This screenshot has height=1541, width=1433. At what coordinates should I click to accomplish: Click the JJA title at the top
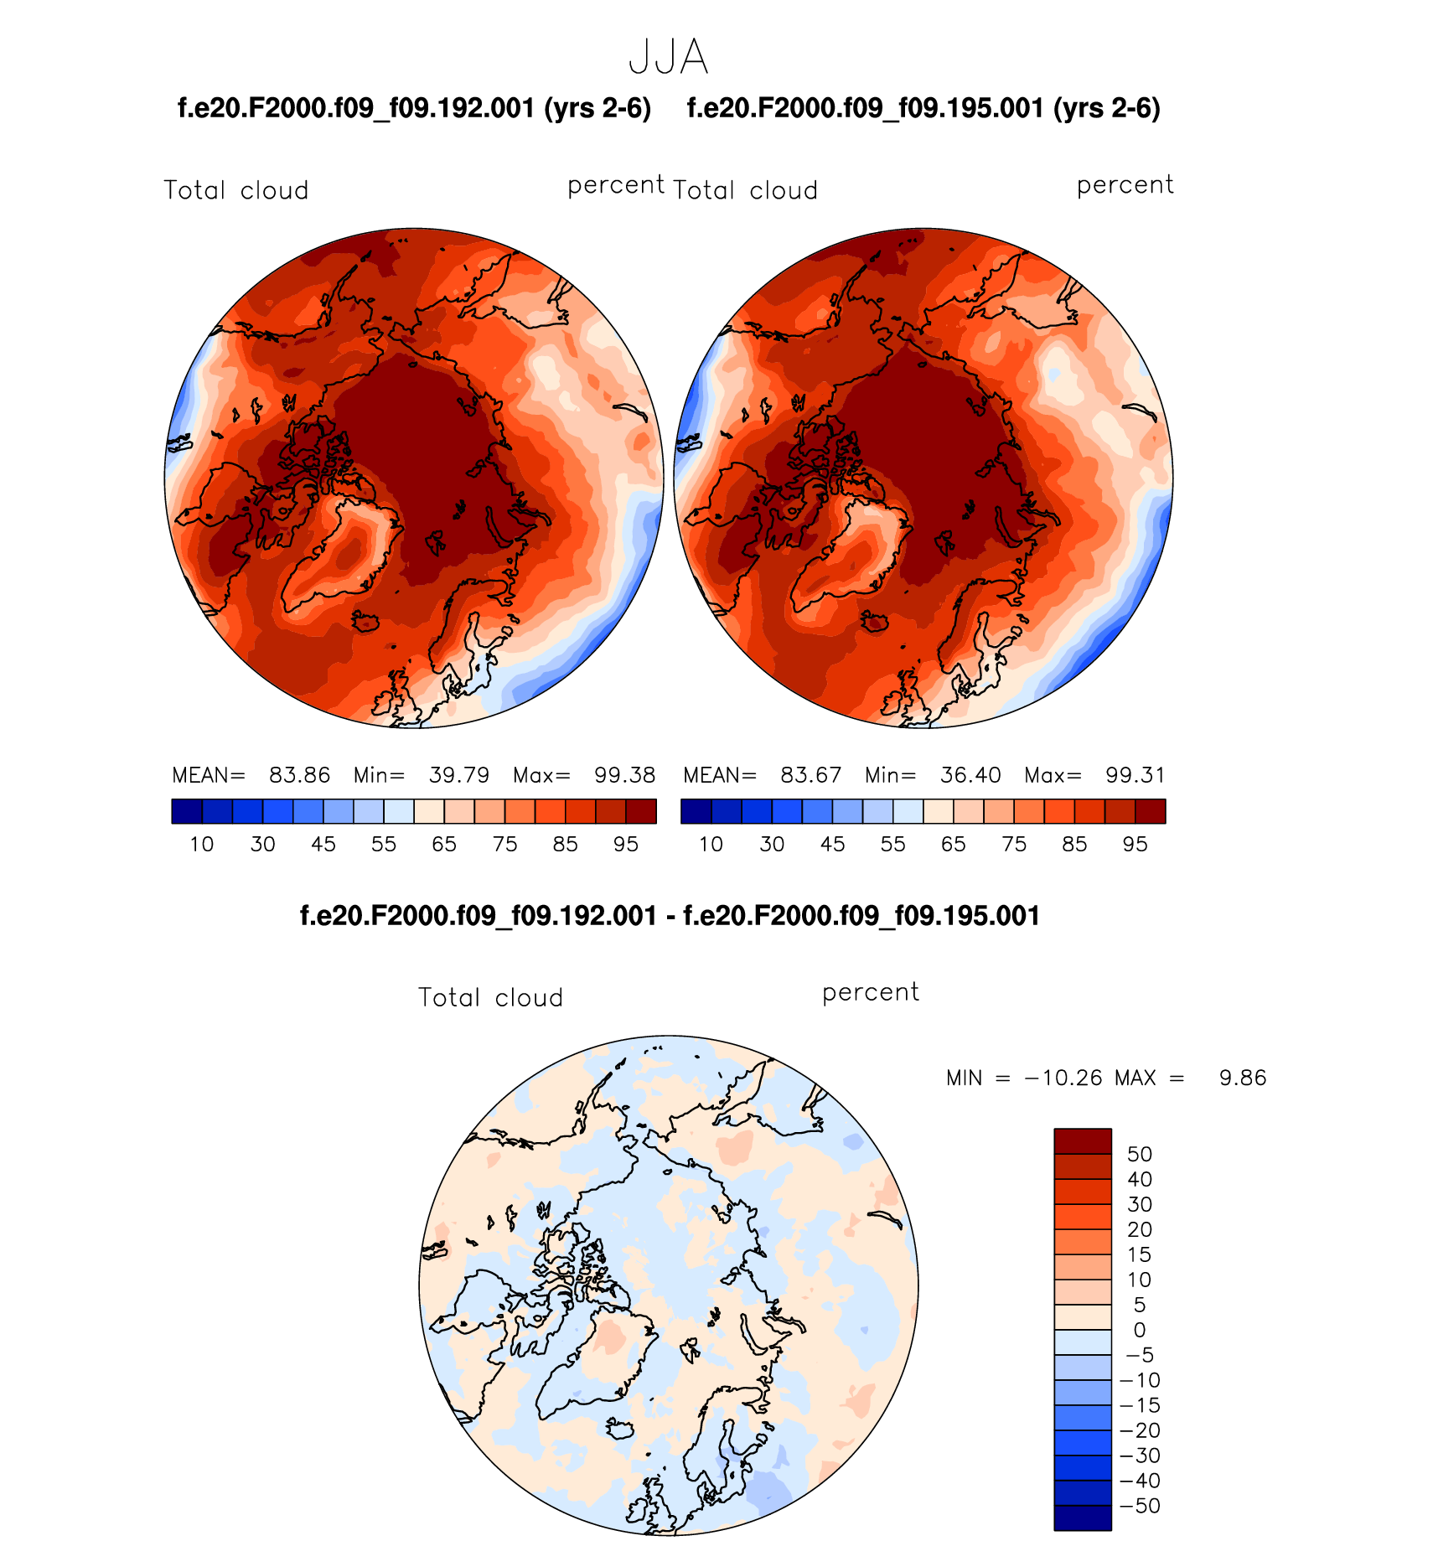coord(668,58)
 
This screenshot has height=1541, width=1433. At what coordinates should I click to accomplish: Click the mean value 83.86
coord(299,775)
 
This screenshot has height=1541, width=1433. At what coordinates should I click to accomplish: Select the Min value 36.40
coord(970,775)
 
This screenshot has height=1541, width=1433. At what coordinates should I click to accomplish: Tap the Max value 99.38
coord(624,775)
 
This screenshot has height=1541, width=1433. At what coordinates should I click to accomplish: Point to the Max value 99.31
coord(1135,775)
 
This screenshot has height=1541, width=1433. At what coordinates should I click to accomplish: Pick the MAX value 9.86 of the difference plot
coord(1243,1078)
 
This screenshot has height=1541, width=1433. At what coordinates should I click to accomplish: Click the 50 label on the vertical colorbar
coord(1140,1155)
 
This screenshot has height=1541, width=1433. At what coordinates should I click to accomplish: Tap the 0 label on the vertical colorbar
coord(1140,1330)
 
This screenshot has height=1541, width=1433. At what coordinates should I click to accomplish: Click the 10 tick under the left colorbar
coord(202,845)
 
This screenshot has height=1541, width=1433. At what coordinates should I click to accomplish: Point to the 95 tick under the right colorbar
coord(1135,845)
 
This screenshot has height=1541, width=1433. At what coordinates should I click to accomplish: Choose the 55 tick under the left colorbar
coord(384,845)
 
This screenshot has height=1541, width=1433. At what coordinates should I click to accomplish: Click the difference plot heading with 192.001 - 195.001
coord(670,916)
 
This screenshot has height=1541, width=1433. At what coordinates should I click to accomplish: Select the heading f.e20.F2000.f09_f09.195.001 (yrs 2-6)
coord(923,108)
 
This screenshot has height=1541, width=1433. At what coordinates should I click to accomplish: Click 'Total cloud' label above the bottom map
coord(490,997)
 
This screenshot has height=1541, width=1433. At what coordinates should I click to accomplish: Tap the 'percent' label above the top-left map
coord(616,185)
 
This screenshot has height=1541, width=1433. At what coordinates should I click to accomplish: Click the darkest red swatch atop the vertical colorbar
coord(1083,1141)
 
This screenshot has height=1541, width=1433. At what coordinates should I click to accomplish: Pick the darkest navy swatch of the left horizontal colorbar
coord(187,811)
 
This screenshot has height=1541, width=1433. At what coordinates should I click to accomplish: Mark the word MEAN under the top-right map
coord(719,775)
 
